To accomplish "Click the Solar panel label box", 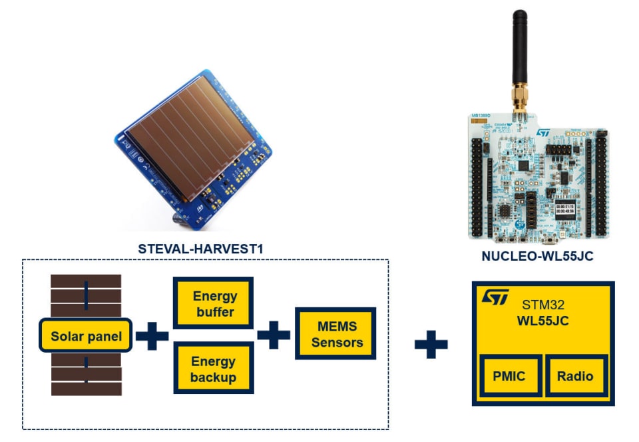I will click(x=86, y=336).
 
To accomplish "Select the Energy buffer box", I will click(x=214, y=303).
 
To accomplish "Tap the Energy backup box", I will click(x=214, y=369).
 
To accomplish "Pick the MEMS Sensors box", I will click(x=337, y=334).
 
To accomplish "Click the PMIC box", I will click(x=509, y=376).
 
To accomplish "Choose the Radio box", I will click(x=575, y=376).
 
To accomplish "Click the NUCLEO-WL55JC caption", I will click(x=538, y=255).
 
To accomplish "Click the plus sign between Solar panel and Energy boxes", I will click(x=152, y=336).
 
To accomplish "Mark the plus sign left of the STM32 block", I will click(x=431, y=344).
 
